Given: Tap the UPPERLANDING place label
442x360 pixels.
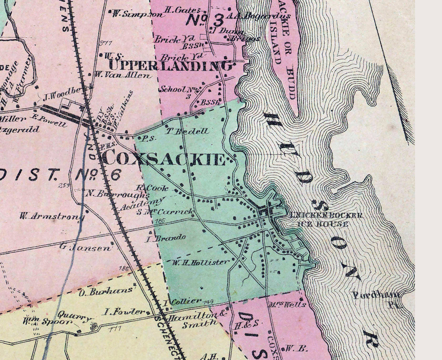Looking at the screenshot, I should pyautogui.click(x=170, y=66).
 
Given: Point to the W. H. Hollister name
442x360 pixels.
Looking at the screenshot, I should pyautogui.click(x=200, y=262).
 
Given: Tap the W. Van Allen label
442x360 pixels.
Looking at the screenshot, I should pyautogui.click(x=123, y=75).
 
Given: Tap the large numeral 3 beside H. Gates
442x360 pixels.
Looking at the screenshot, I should pyautogui.click(x=217, y=20).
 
